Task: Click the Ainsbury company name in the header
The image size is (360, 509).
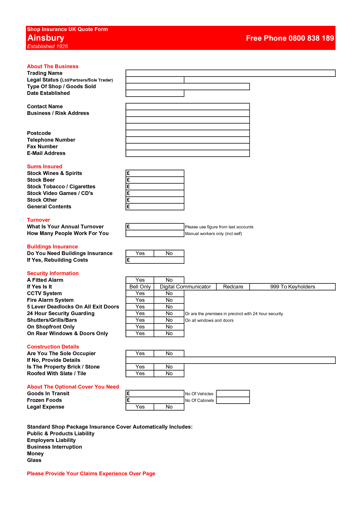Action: [46, 38]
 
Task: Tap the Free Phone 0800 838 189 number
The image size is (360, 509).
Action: [290, 38]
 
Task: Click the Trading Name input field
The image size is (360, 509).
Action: [230, 73]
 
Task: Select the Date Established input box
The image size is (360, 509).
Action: [155, 93]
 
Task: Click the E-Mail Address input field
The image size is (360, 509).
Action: [188, 153]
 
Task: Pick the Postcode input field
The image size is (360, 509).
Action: [188, 133]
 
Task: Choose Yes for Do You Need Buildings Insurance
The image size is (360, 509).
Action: [140, 253]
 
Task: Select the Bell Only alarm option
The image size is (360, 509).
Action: [140, 287]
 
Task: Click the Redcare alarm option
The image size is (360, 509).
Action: [233, 287]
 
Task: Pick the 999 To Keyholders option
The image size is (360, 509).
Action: [292, 287]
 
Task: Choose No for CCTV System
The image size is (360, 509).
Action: [169, 293]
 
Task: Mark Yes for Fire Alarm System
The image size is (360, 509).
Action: [140, 300]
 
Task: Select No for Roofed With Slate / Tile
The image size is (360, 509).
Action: [169, 373]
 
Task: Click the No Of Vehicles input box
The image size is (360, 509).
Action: [233, 394]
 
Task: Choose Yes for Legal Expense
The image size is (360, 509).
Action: [140, 407]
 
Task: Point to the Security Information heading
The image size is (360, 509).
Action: [53, 273]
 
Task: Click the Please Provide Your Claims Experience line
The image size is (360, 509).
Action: [91, 474]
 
